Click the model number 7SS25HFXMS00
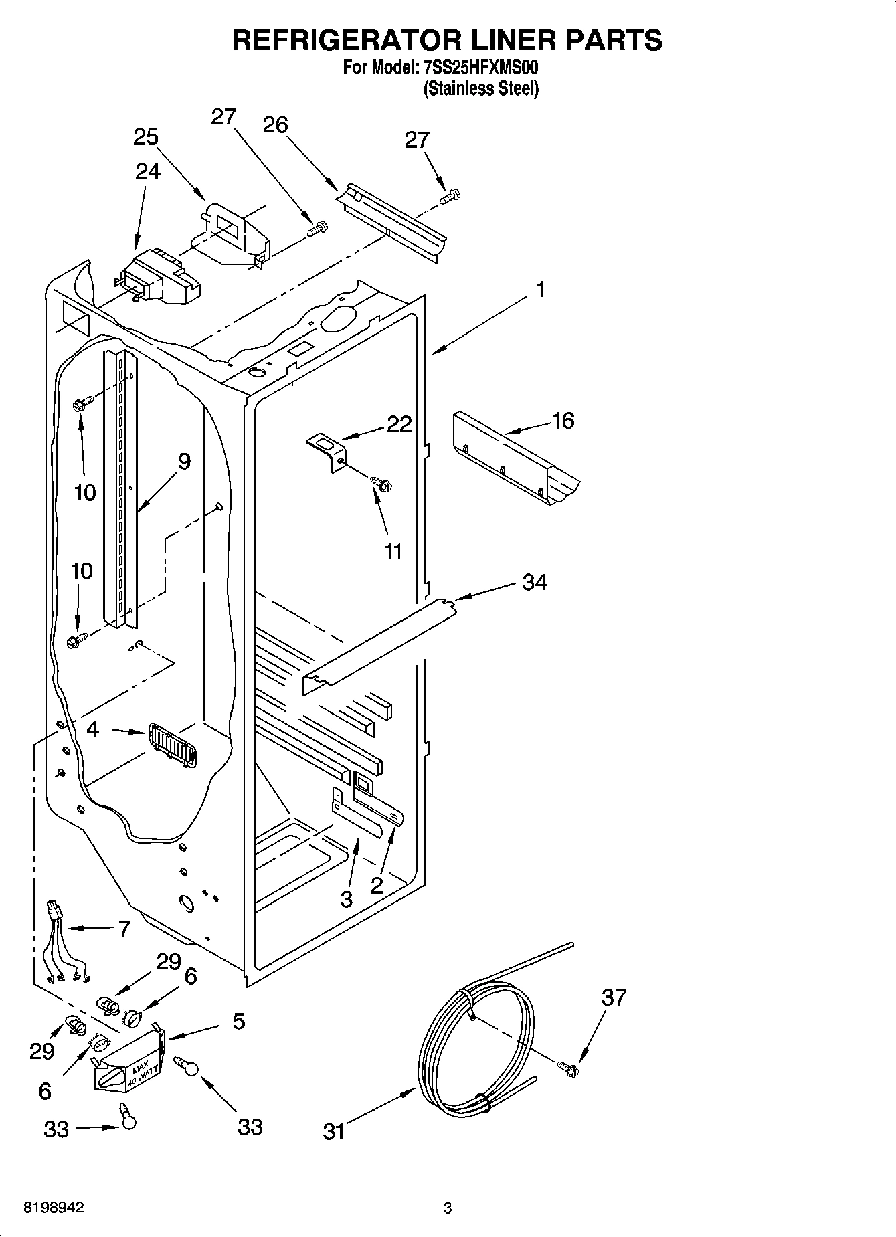coord(480,68)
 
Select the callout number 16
coord(563,421)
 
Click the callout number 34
coord(535,582)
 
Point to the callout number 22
coord(399,424)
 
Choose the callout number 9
coord(184,461)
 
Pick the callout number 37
coord(614,997)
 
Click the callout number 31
coord(333,1131)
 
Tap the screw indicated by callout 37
coord(568,1069)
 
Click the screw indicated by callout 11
coord(382,482)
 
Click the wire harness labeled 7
coord(66,945)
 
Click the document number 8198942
coord(54,1208)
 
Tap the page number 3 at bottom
coord(448,1208)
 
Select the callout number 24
coord(147,172)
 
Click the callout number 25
coord(146,137)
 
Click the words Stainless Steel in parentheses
coord(480,88)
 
